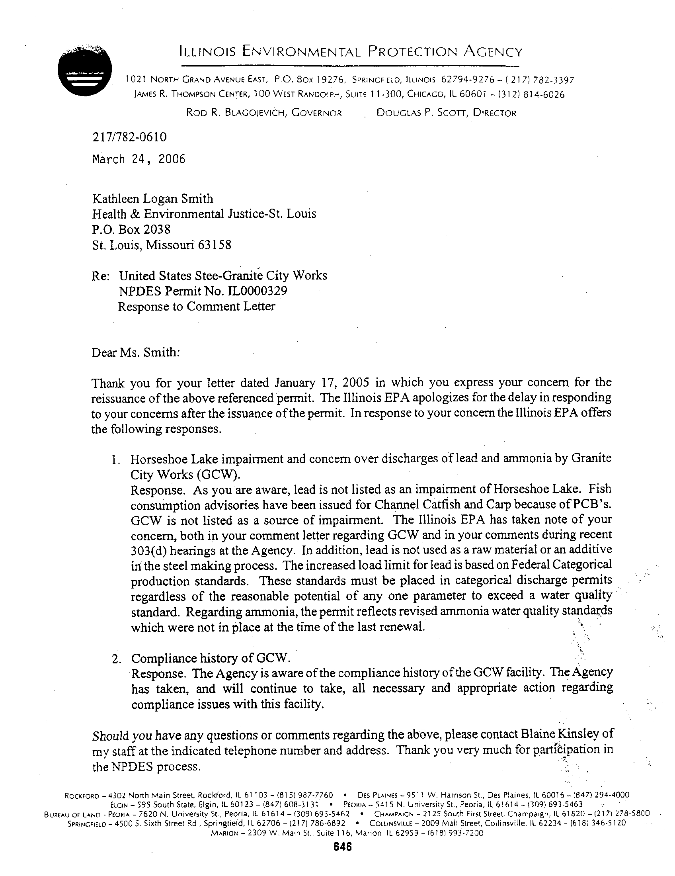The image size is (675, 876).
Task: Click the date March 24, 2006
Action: pos(139,159)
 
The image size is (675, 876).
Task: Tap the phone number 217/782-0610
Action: pos(129,137)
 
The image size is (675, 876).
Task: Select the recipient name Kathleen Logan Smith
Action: pos(153,199)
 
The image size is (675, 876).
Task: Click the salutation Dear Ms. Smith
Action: pos(136,352)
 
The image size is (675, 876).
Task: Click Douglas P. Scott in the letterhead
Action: pos(421,113)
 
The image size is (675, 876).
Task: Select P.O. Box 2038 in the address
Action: pos(131,229)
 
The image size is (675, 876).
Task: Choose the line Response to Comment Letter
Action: pos(196,307)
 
